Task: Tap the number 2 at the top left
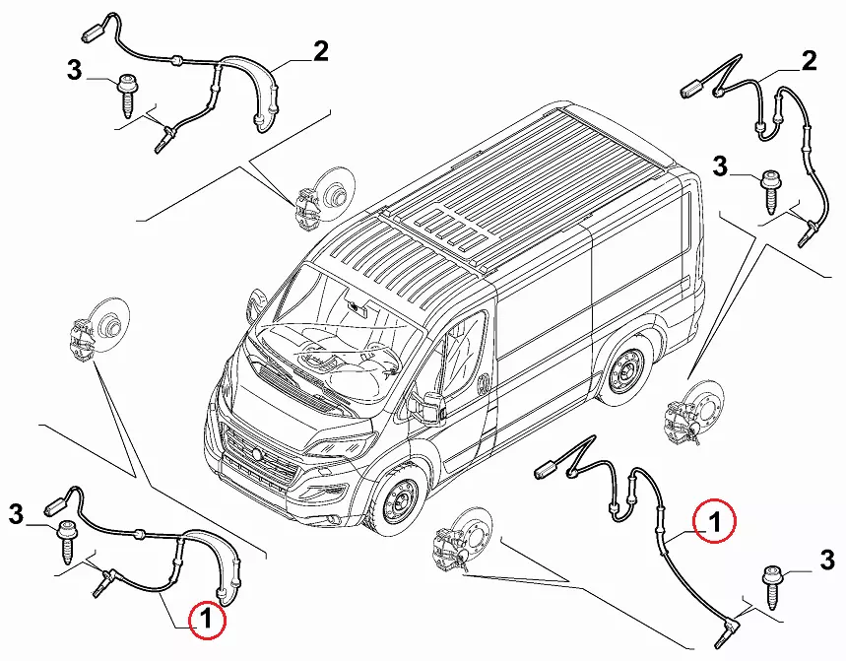pos(321,51)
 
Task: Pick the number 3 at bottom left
pos(16,513)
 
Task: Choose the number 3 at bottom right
pos(825,562)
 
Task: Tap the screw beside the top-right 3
pos(770,190)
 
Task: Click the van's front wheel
pos(400,501)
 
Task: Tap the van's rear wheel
pos(622,370)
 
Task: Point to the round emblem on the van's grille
pos(255,452)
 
